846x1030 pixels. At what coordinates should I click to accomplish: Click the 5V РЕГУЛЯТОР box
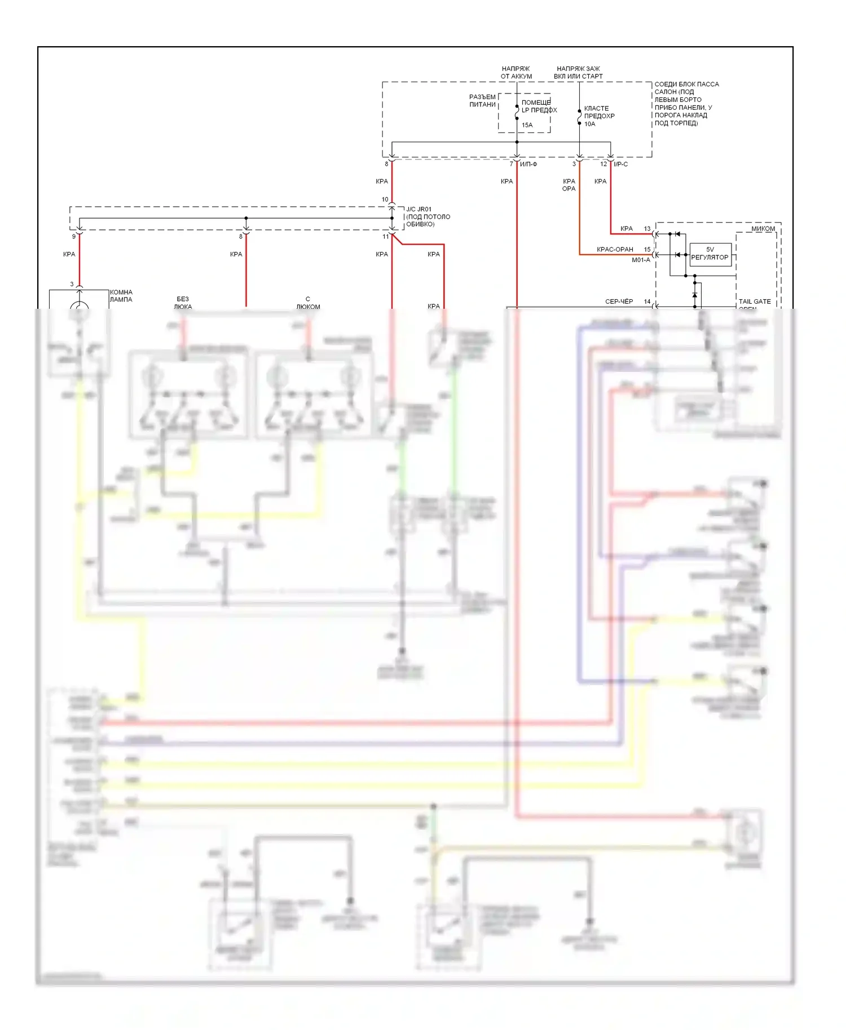710,254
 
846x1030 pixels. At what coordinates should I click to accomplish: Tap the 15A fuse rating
527,125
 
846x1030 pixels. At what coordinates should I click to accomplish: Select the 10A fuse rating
589,124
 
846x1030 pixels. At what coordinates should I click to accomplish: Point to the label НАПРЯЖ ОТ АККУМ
516,72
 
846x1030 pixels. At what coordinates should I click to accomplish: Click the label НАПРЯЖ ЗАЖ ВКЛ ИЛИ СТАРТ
578,72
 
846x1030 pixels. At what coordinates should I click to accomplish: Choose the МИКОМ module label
763,229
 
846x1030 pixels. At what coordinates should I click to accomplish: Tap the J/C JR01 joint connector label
418,209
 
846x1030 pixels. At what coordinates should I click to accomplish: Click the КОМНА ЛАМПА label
121,296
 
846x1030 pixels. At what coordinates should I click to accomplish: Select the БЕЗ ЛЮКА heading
183,303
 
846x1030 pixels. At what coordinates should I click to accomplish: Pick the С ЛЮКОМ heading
308,303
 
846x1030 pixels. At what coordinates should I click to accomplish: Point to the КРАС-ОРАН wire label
615,250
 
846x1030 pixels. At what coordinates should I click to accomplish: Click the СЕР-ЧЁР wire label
619,301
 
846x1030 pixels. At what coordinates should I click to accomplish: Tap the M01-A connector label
641,260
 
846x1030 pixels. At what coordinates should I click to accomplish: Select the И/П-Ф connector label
528,165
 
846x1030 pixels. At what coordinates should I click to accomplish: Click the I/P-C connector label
620,165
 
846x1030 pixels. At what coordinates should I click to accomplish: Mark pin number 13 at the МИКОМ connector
647,229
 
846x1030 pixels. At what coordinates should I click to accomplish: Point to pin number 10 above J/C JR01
385,199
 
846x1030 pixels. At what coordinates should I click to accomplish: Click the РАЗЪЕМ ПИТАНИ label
482,100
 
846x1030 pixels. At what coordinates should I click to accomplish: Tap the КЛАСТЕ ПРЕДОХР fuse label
599,112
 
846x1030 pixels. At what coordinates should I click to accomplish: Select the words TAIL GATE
755,301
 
